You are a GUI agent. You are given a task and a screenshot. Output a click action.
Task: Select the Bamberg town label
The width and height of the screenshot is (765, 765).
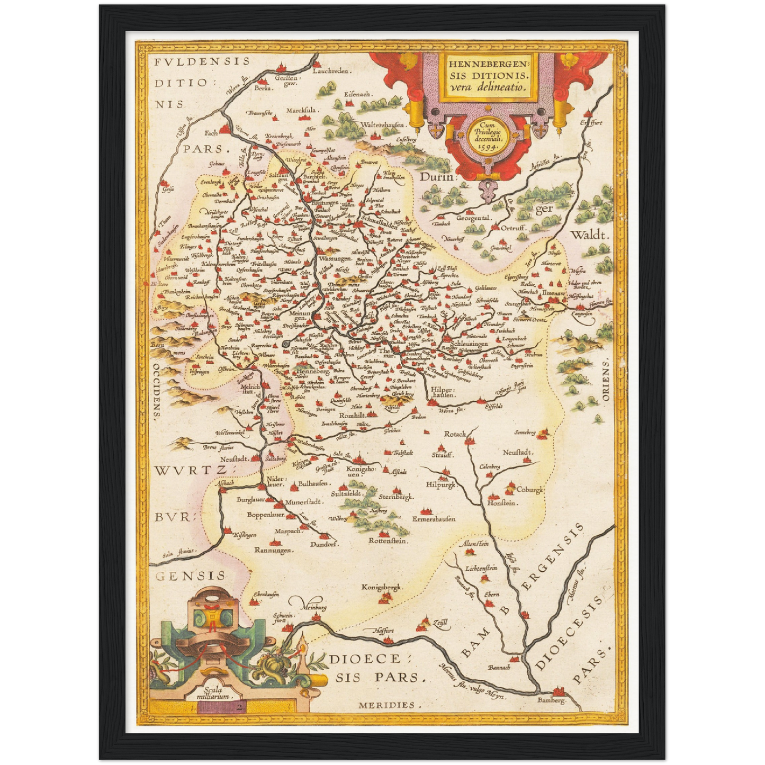click(x=551, y=700)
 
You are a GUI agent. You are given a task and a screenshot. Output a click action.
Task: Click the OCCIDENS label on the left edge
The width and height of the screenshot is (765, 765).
click(x=157, y=392)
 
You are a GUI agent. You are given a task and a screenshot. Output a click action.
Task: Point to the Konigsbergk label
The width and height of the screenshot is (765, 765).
click(x=382, y=587)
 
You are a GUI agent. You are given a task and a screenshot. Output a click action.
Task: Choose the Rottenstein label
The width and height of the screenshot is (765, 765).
click(x=389, y=541)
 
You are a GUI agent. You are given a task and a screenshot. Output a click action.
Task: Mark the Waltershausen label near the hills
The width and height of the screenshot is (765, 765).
click(x=382, y=125)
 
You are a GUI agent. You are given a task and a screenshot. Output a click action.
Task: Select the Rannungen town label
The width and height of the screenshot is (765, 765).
click(x=274, y=551)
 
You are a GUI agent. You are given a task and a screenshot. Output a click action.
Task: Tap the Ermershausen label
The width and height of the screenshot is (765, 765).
click(x=434, y=519)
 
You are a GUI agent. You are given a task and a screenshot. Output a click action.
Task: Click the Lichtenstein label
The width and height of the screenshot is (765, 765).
click(x=481, y=569)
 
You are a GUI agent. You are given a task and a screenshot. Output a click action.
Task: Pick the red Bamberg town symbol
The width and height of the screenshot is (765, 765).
click(x=557, y=691)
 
